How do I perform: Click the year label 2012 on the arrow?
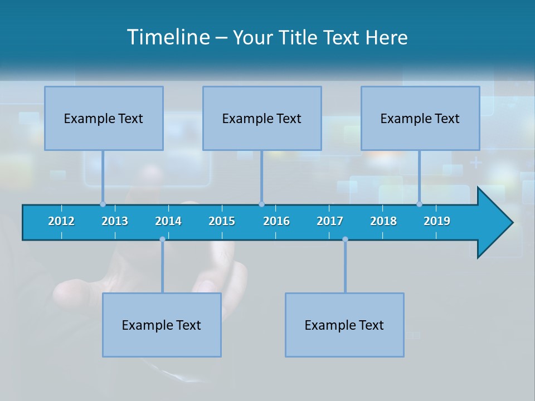tap(61, 221)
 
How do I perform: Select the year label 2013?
tap(115, 221)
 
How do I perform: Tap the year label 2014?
tap(168, 221)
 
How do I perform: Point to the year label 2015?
tap(222, 221)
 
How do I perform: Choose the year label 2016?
tap(276, 221)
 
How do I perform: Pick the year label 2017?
tap(330, 221)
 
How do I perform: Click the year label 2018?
tap(383, 221)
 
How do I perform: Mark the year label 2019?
tap(437, 221)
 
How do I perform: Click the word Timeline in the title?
tap(168, 37)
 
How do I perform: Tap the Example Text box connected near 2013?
tap(104, 118)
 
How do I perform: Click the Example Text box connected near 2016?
tap(262, 118)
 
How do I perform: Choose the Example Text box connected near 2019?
tap(420, 118)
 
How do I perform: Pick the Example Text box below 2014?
tap(162, 325)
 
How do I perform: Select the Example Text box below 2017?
tap(344, 325)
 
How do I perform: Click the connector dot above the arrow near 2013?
tap(103, 204)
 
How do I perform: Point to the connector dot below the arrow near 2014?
tap(162, 239)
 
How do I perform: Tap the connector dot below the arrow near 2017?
tap(345, 239)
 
